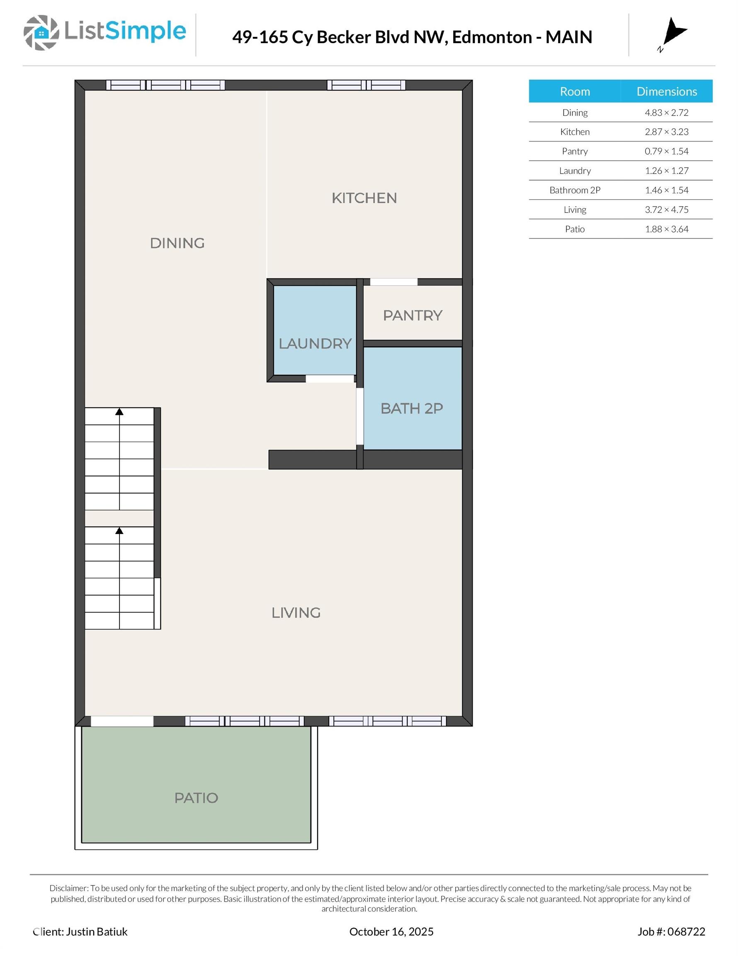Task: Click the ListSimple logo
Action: click(105, 32)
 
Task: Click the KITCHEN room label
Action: click(364, 198)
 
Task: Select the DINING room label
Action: click(177, 243)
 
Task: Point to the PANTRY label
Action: click(413, 315)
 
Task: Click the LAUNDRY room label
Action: click(315, 344)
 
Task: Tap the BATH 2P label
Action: click(412, 408)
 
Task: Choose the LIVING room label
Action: click(296, 612)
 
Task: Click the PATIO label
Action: click(196, 797)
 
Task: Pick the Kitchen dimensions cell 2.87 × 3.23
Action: click(666, 132)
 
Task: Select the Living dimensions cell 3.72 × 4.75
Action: click(666, 210)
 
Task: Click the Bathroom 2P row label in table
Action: click(575, 190)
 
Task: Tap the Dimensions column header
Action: click(666, 91)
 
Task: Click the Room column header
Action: click(575, 91)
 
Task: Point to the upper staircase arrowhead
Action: click(119, 412)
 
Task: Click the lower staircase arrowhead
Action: click(119, 531)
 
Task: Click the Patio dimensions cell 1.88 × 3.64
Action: click(666, 229)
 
